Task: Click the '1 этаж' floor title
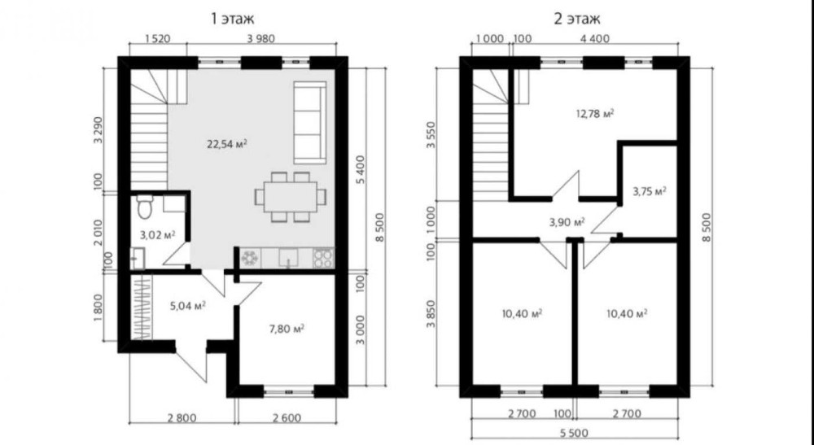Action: pyautogui.click(x=232, y=20)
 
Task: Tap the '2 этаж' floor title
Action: pyautogui.click(x=577, y=20)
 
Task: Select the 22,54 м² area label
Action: pyautogui.click(x=227, y=144)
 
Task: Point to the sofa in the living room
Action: pyautogui.click(x=310, y=122)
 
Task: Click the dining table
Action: pyautogui.click(x=291, y=197)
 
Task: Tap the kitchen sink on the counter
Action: pyautogui.click(x=288, y=258)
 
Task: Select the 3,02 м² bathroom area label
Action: pyautogui.click(x=157, y=235)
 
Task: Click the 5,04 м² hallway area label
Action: pyautogui.click(x=188, y=306)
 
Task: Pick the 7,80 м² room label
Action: pyautogui.click(x=286, y=329)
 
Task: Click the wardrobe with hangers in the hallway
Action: pyautogui.click(x=141, y=307)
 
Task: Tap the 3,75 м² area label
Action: pyautogui.click(x=650, y=191)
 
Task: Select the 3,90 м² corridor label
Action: pyautogui.click(x=567, y=223)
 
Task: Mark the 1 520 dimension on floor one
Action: pyautogui.click(x=158, y=38)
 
